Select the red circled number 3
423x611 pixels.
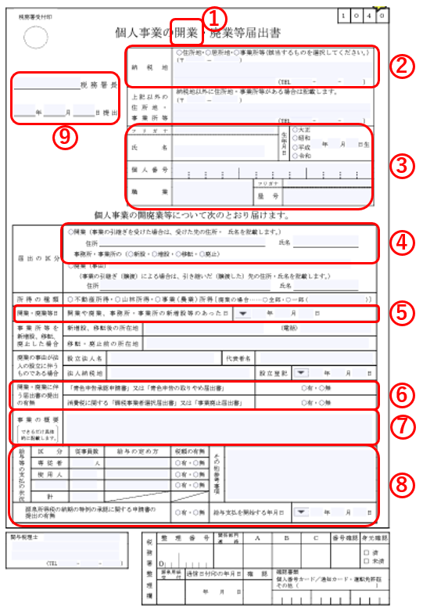pos(402,165)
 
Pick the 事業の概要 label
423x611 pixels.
pos(35,419)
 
